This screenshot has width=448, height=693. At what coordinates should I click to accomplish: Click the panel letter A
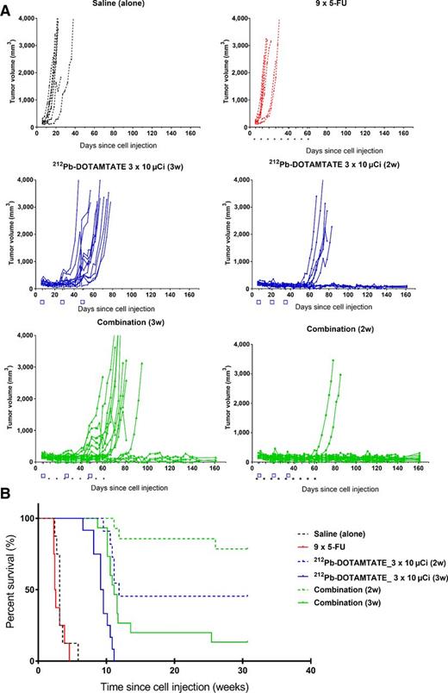[7, 6]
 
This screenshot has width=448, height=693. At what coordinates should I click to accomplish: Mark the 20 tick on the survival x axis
[175, 669]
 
